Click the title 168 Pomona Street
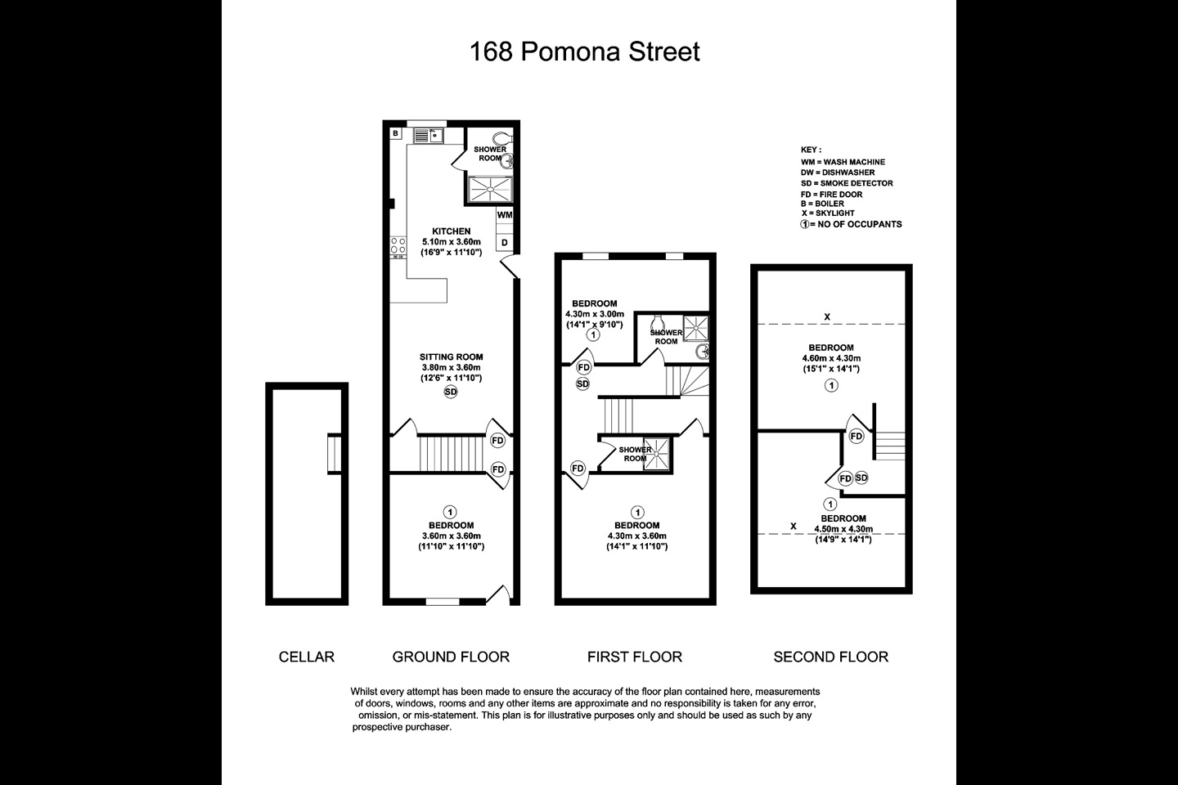(x=585, y=52)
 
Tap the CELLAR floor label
(x=307, y=657)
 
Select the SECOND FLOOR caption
(x=830, y=657)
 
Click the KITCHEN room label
(x=451, y=231)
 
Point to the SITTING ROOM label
(x=451, y=357)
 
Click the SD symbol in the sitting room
(x=451, y=392)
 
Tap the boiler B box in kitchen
(x=395, y=133)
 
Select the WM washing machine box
(x=505, y=215)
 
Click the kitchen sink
(x=428, y=136)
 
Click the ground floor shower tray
(x=489, y=190)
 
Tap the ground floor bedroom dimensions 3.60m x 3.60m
(x=451, y=536)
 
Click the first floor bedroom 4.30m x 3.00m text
(x=595, y=314)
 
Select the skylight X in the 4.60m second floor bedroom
(x=827, y=316)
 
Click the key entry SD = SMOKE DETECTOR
(x=847, y=183)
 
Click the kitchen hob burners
(x=399, y=247)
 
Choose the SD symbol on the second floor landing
(x=861, y=478)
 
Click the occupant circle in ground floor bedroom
(x=451, y=511)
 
